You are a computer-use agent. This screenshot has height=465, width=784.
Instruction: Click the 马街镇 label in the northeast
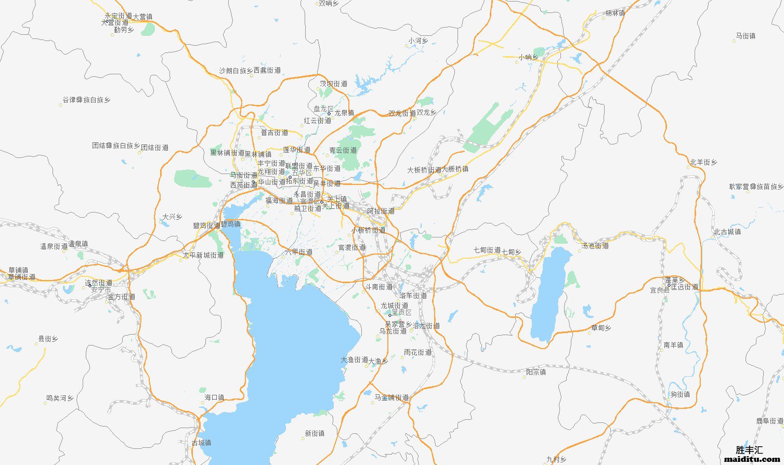tap(745, 36)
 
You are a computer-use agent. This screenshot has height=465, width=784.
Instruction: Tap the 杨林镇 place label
tap(615, 13)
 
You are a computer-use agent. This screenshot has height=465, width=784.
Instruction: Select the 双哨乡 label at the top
tap(329, 3)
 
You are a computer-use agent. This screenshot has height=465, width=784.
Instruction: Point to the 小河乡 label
tap(418, 41)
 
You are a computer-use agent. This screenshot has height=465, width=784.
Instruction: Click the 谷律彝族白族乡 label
tap(86, 100)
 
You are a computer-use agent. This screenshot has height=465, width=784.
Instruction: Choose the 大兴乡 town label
tap(172, 217)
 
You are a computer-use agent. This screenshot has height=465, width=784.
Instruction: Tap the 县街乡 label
tap(48, 339)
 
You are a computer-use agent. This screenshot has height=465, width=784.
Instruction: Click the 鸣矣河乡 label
tap(60, 398)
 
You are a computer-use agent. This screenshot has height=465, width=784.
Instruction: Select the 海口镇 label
tap(214, 397)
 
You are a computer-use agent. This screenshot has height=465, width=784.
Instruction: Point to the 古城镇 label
tap(201, 443)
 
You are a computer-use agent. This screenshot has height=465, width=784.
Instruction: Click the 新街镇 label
tap(315, 433)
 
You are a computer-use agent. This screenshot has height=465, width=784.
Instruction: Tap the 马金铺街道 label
tap(391, 397)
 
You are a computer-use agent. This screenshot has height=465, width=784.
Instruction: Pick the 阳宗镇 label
tap(536, 372)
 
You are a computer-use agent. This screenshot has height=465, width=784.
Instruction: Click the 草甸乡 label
tap(601, 328)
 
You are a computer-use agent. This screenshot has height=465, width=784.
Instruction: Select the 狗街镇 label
tap(680, 394)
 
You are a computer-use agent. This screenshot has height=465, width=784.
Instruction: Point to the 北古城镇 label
tap(727, 232)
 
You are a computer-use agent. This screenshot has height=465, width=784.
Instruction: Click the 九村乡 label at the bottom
tap(556, 459)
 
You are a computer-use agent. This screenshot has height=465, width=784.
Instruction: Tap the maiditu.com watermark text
tap(750, 459)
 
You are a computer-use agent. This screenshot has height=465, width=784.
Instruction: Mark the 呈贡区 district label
tap(401, 313)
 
